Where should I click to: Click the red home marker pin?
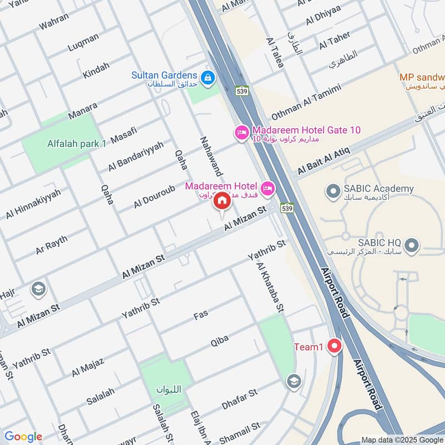221,201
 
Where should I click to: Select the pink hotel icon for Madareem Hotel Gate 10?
241,132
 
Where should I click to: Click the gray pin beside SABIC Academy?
333,191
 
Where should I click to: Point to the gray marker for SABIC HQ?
412,245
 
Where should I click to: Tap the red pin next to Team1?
334,347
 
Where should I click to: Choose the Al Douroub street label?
154,197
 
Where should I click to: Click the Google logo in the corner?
23,437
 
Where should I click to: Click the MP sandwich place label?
422,77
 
